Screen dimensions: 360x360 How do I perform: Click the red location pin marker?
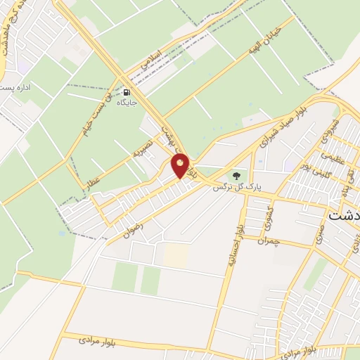(181, 167)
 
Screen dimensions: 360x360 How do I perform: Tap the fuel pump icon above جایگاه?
(126, 92)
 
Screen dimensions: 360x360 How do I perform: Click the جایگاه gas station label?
(127, 103)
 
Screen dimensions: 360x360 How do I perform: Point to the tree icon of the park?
(236, 175)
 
